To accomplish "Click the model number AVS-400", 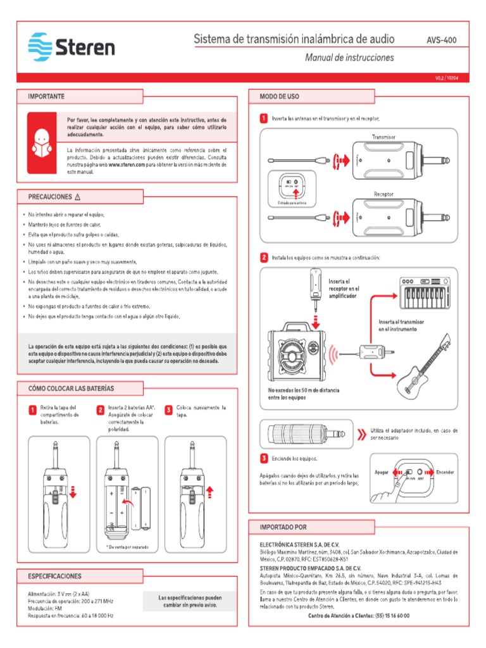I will [x=442, y=40].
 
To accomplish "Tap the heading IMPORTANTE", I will [x=46, y=97].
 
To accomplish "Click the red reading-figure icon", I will [x=42, y=142].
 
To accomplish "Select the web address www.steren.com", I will [x=127, y=164].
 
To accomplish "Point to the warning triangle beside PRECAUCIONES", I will [x=78, y=197].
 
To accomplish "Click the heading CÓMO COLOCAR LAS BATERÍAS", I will [x=71, y=388].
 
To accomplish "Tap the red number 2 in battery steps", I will [x=100, y=410].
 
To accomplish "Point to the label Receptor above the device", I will [x=384, y=194].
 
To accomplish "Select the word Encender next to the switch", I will [x=445, y=473].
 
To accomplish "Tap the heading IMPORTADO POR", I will [x=283, y=526].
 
